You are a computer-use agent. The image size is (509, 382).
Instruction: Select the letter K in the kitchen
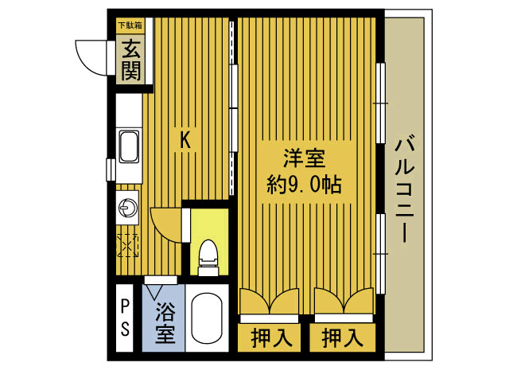coord(185,141)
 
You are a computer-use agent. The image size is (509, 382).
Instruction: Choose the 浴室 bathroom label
coord(165,322)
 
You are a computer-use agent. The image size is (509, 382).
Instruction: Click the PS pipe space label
coord(126,316)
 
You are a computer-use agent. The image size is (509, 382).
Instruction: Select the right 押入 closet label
coord(342,337)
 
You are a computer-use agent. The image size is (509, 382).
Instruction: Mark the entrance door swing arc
coord(89,54)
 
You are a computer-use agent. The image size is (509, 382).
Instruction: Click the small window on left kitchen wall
coord(110,170)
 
